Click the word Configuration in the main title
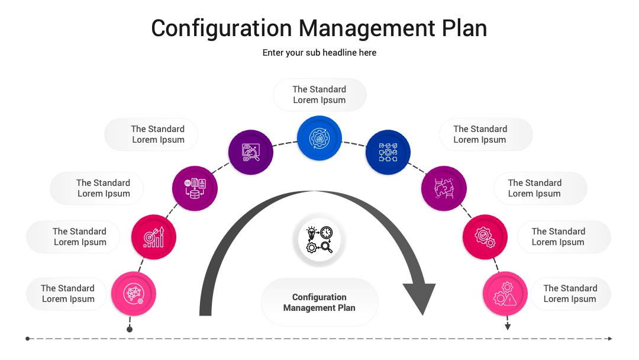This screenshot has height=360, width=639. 222,29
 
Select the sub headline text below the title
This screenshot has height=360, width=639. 319,53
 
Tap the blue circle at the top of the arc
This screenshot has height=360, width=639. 319,138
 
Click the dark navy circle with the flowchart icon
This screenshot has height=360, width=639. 388,152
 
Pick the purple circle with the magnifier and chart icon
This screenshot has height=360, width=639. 251,152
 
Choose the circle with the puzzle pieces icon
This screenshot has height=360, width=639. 444,188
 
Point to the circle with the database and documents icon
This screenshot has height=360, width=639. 195,188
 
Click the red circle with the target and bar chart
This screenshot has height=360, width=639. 154,237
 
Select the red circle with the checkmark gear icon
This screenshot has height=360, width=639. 485,237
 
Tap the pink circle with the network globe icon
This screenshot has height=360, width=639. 134,294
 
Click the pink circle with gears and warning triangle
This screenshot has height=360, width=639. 505,294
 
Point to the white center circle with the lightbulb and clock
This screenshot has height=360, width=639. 319,240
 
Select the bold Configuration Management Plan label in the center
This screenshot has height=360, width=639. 319,303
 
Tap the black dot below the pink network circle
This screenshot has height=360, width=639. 130,329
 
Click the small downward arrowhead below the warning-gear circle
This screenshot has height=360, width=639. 508,327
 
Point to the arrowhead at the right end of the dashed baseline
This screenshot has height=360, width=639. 610,339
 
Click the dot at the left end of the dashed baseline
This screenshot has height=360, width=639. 27,339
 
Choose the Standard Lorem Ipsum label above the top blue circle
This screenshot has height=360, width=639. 319,95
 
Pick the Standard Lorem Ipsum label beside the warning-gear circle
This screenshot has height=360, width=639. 570,294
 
